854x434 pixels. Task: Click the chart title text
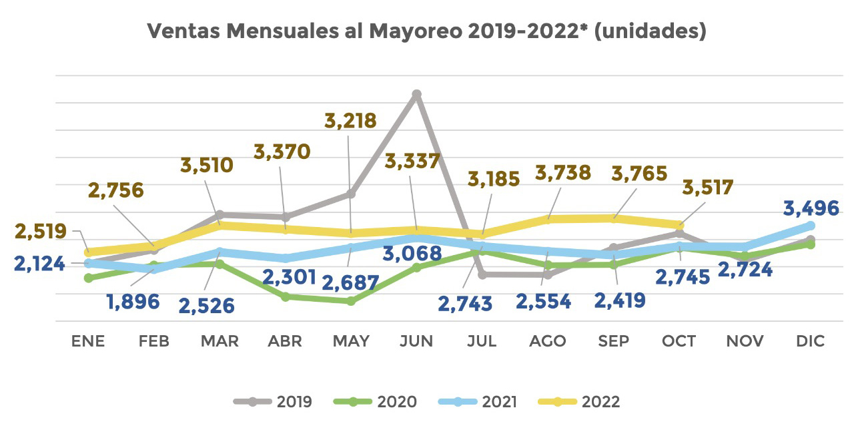(426, 31)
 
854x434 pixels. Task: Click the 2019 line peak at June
(416, 95)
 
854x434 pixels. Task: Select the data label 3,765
(639, 174)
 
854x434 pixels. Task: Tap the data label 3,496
(811, 208)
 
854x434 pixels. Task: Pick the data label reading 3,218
(350, 121)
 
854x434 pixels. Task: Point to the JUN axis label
(416, 341)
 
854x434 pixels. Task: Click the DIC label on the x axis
(811, 341)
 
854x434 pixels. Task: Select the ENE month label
(88, 341)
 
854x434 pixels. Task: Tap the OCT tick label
(679, 341)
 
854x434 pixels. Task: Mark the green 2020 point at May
(351, 301)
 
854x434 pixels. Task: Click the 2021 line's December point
(811, 226)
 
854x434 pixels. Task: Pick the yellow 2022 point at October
(680, 225)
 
